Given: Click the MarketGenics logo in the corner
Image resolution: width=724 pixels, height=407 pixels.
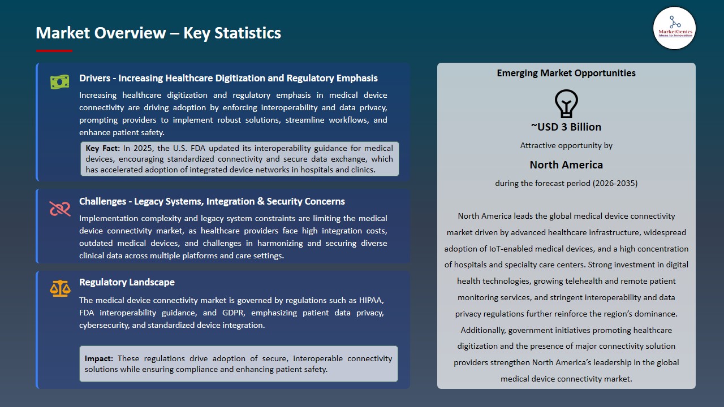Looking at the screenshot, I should point(674,28).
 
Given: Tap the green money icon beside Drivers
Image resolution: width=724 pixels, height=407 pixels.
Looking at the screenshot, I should point(59,82).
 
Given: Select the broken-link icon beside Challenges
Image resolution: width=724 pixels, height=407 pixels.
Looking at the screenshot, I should point(59,209).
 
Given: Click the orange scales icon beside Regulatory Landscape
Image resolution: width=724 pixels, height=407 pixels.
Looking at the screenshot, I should point(59,288).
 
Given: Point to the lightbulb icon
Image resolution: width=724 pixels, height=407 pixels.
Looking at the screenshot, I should point(566,103).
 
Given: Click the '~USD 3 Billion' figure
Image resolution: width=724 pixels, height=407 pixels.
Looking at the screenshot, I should point(566,127).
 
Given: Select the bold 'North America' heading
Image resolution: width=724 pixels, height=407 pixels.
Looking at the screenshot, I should point(566,164).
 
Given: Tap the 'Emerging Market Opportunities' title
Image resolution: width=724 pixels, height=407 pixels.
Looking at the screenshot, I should point(566,73).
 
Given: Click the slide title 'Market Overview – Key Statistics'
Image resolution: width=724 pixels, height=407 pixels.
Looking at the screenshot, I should point(158,33).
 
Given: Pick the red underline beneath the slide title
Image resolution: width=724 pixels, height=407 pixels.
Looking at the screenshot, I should point(54,51).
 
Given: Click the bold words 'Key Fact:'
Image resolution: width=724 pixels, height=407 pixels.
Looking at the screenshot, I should point(103,148).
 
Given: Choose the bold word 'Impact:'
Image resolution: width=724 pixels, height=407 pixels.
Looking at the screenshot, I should point(99,358).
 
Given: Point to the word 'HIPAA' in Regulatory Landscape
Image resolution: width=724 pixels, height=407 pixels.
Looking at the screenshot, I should point(372,300).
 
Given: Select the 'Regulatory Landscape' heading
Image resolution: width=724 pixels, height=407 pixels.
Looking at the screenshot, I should point(127,282).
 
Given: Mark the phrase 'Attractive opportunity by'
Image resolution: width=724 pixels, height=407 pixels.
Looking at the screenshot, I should point(566,145).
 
